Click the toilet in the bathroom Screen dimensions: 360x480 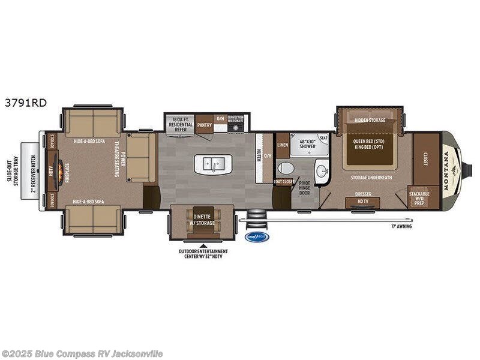286,169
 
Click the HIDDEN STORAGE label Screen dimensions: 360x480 369,119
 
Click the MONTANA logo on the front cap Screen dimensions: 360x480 447,170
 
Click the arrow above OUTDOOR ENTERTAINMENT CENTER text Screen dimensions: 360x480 202,245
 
